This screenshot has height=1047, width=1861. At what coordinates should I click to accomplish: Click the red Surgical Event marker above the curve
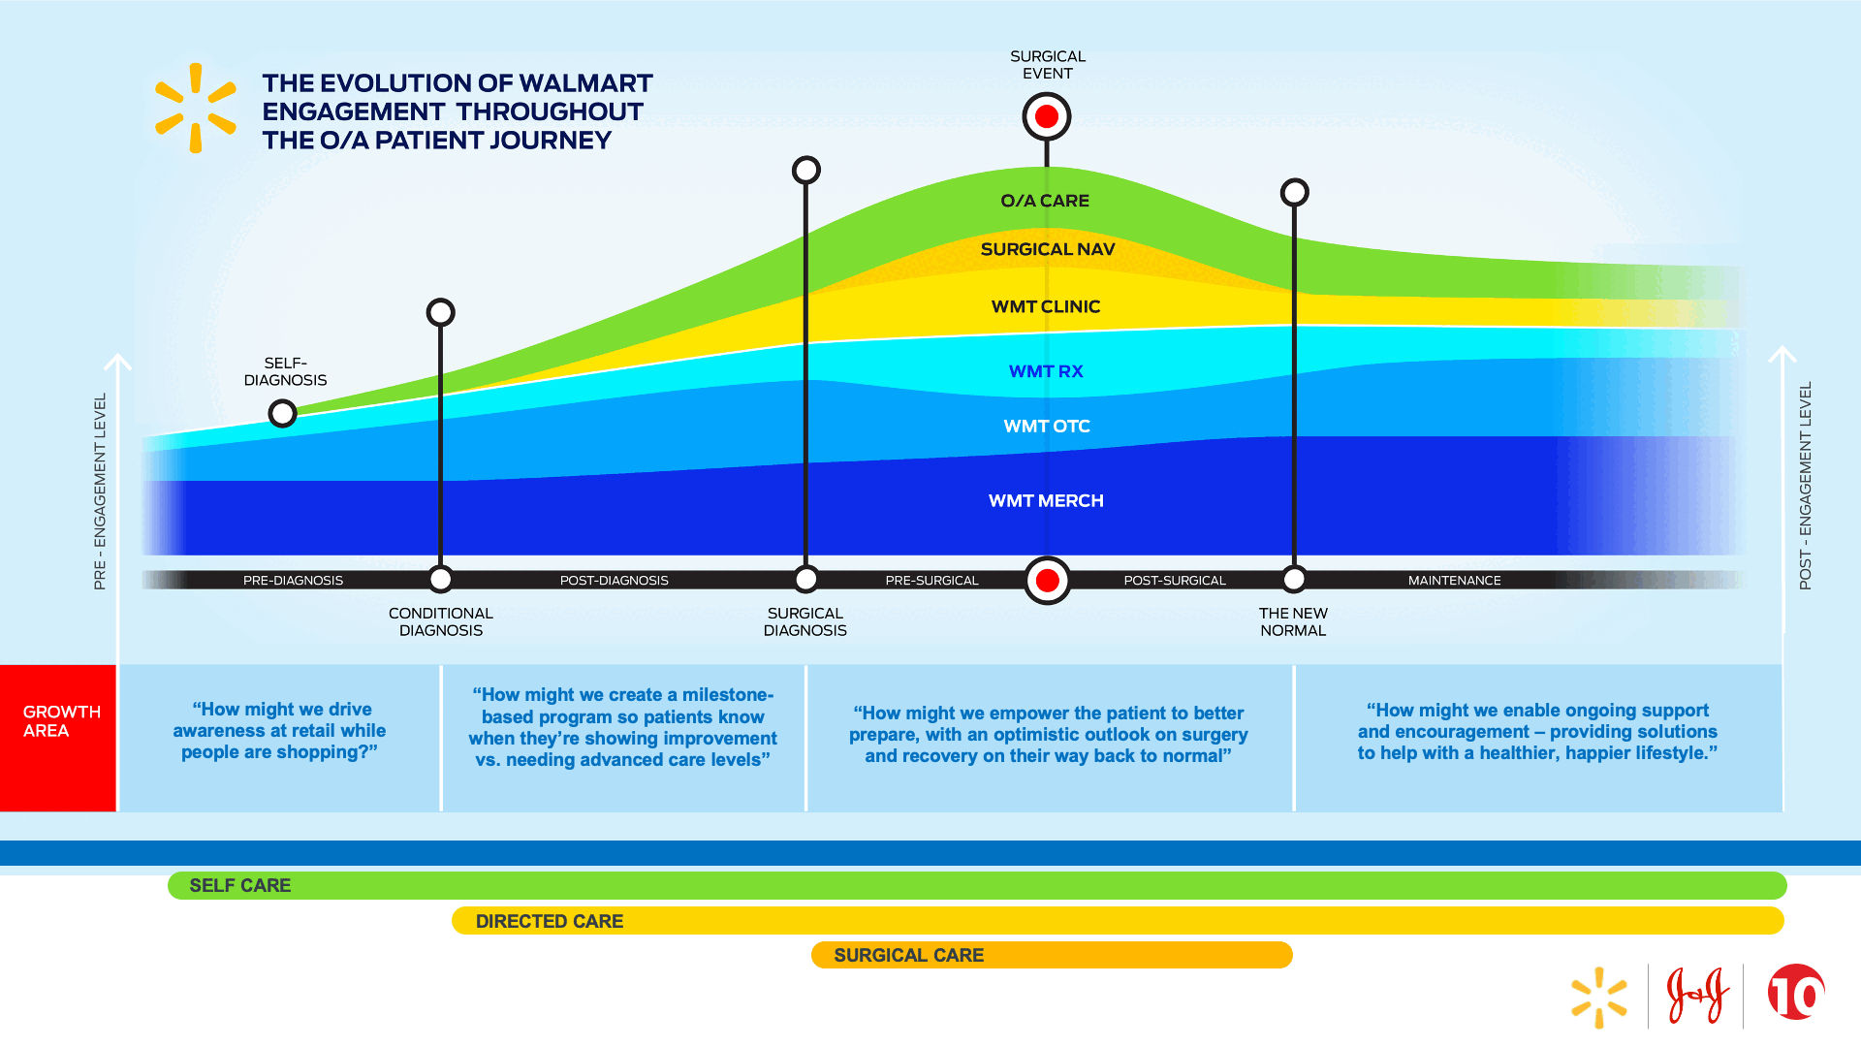pos(1047,117)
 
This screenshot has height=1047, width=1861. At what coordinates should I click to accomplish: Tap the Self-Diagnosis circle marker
pos(282,414)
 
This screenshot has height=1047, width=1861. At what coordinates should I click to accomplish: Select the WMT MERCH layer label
pos(1046,501)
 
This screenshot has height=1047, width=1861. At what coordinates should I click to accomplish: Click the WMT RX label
pos(1046,371)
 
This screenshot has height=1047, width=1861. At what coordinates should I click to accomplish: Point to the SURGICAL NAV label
pos(1048,249)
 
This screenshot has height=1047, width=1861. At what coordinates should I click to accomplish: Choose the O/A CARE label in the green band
pos(1045,201)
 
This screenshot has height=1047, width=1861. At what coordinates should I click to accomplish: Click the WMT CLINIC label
pos(1046,306)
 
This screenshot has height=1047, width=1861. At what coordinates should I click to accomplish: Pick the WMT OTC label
pos(1047,427)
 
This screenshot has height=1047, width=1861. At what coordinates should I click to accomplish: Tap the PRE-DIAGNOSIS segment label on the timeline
pos(293,581)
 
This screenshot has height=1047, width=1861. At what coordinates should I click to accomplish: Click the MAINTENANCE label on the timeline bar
pos(1454,581)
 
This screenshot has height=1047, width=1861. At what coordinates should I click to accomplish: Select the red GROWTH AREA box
pos(58,738)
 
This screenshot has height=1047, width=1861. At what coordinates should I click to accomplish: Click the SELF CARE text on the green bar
pos(239,885)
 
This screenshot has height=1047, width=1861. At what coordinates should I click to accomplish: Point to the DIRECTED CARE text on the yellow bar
pos(549,921)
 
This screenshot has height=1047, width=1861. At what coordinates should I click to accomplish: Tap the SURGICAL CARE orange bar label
pos(908,955)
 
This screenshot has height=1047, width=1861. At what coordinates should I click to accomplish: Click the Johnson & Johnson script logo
pos(1697,996)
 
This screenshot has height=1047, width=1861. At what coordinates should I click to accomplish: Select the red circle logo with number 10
pos(1796,993)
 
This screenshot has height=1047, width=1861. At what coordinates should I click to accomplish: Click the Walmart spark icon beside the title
pos(196,108)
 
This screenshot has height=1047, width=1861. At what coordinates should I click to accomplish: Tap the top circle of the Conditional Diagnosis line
pos(441,312)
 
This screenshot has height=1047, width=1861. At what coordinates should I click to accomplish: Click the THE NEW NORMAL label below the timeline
pos(1293,621)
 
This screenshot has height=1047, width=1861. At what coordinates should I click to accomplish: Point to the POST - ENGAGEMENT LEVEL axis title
pos(1805,485)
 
